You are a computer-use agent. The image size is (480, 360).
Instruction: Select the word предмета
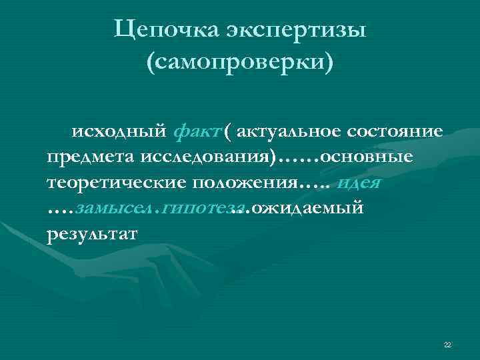click(x=90, y=157)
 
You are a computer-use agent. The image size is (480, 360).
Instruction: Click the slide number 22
click(x=447, y=344)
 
